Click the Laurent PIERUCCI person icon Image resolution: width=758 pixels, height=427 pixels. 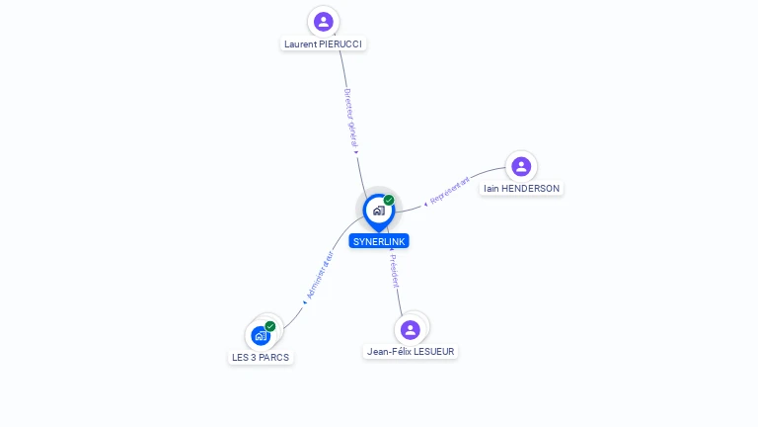pos(324,22)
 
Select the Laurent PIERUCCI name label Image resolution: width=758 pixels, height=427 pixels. pos(323,44)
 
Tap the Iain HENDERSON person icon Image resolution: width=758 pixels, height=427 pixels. pos(521,166)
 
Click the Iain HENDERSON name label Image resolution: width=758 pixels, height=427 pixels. pos(521,189)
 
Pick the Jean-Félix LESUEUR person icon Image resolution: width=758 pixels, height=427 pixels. pos(411,329)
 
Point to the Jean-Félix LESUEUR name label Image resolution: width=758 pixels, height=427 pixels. pos(412,352)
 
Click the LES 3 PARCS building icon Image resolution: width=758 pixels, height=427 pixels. pos(261,336)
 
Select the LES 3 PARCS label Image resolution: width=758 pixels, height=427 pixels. pos(261,358)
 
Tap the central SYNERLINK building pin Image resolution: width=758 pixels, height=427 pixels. pos(378,211)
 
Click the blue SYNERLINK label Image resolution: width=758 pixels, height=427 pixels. pos(379,241)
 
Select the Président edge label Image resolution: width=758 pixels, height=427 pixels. pos(394,271)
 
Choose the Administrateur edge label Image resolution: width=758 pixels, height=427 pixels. pos(320,276)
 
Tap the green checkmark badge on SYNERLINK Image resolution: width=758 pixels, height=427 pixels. pos(389,201)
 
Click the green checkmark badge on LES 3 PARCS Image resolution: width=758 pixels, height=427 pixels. pos(270,326)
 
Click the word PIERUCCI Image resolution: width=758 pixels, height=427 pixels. pos(341,44)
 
